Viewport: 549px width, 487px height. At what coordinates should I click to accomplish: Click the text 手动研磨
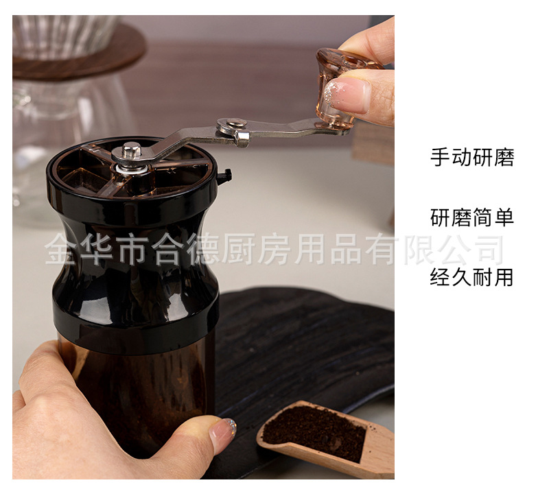click(x=471, y=158)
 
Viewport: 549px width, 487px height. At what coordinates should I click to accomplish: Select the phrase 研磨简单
click(x=471, y=218)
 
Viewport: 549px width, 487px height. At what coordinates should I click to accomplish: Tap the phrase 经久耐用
click(x=471, y=278)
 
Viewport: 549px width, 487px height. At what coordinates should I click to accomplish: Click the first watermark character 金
click(x=61, y=250)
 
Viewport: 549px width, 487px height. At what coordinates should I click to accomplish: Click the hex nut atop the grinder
click(x=132, y=149)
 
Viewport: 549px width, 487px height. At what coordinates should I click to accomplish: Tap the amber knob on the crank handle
click(x=336, y=86)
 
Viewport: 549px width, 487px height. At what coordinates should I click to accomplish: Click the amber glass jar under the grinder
click(x=137, y=391)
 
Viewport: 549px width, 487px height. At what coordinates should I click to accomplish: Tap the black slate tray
click(x=302, y=343)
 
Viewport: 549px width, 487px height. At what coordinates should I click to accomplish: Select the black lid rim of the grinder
click(x=130, y=195)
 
